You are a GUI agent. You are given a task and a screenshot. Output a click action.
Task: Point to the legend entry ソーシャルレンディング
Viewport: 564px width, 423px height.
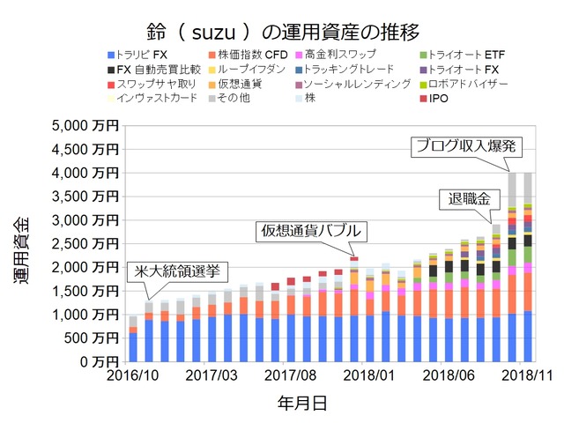click(356, 84)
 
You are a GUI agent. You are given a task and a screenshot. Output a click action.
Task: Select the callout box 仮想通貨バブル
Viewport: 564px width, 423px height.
click(309, 231)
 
